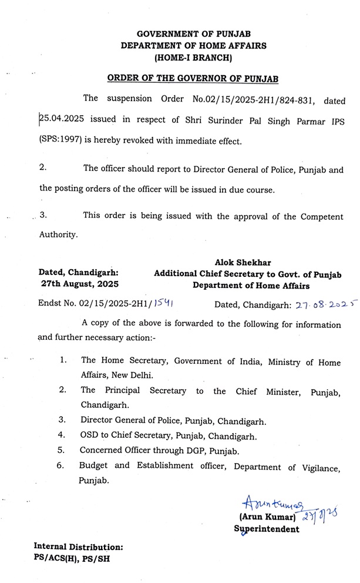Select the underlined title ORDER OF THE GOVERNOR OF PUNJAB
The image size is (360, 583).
point(193,78)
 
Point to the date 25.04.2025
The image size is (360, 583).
point(60,120)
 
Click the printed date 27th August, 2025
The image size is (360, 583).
point(79,284)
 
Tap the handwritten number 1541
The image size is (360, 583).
point(159,304)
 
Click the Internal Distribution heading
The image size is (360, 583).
point(79,547)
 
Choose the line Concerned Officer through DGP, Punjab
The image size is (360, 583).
point(157,451)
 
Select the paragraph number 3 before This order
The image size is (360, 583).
point(43,215)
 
